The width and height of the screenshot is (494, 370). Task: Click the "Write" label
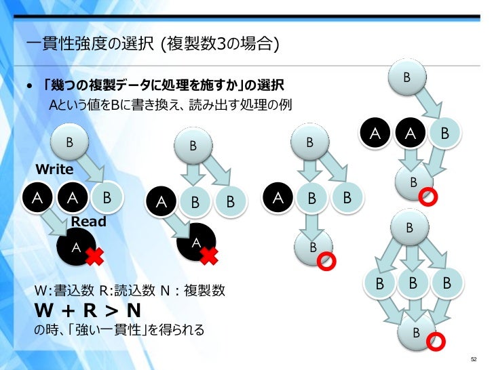tap(54, 167)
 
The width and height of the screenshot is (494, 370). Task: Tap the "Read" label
tap(89, 221)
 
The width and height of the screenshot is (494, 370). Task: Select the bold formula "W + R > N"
tap(88, 311)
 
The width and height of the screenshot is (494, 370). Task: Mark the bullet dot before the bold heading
tap(30, 87)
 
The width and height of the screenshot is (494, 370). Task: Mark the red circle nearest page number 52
tap(436, 341)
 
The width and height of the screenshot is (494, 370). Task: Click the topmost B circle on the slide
tap(406, 77)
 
